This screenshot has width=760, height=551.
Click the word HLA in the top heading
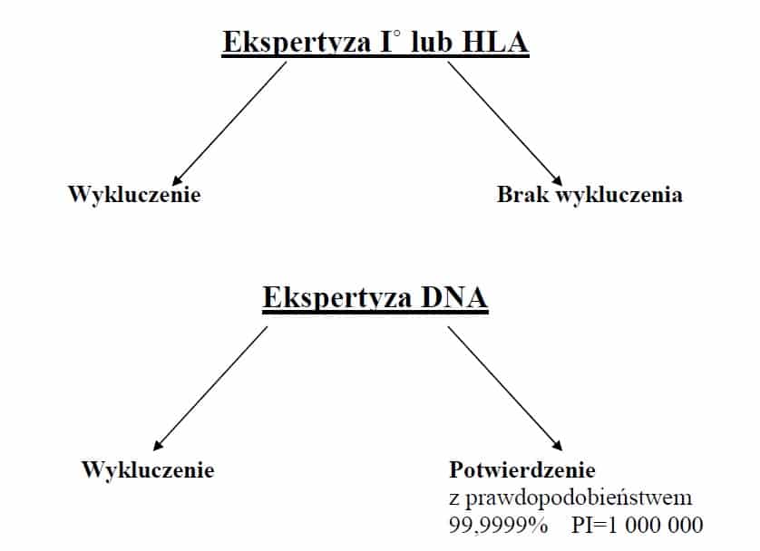[495, 42]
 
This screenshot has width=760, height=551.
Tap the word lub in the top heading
[431, 41]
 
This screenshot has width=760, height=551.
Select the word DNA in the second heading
[454, 297]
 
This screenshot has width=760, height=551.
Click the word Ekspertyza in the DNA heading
[337, 298]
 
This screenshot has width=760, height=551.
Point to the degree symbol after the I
[397, 34]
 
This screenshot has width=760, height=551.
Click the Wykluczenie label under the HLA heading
[134, 195]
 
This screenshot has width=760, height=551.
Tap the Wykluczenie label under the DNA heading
[148, 469]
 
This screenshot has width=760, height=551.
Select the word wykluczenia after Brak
[619, 195]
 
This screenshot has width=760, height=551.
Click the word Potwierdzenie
[522, 469]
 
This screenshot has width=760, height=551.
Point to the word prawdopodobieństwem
[579, 498]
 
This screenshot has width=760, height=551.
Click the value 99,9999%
[498, 525]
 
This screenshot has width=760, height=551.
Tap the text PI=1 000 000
[638, 525]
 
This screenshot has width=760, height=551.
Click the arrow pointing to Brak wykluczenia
[505, 123]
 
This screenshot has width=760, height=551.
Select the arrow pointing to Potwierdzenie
[505, 388]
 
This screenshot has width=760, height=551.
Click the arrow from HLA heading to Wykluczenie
[229, 123]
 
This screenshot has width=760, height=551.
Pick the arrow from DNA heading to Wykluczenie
[209, 388]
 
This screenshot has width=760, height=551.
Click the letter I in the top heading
[386, 42]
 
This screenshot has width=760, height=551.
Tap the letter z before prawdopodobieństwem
[454, 498]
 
